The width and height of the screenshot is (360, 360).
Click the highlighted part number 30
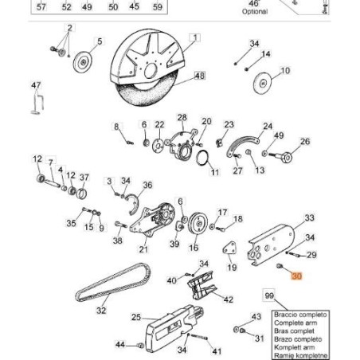coord(297,277)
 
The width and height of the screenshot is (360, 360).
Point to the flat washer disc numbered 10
coord(263,84)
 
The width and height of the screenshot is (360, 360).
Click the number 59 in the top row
coord(157,6)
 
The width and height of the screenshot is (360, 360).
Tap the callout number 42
coord(229,299)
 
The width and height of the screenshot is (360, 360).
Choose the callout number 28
coord(182,117)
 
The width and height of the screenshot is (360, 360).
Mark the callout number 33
coord(309,217)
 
